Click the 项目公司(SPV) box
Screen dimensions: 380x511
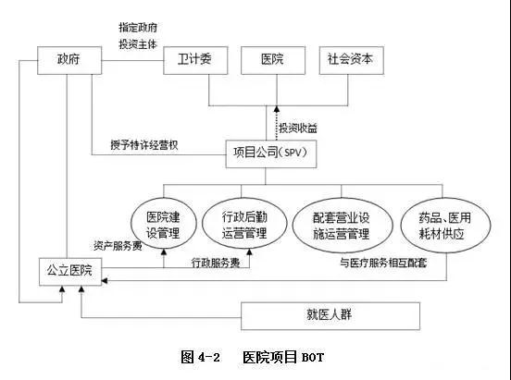pyautogui.click(x=271, y=153)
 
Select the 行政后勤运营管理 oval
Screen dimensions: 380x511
pyautogui.click(x=239, y=226)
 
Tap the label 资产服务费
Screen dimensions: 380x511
pyautogui.click(x=118, y=246)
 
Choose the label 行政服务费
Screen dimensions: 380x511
pyautogui.click(x=217, y=262)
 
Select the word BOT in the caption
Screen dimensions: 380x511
pyautogui.click(x=312, y=356)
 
